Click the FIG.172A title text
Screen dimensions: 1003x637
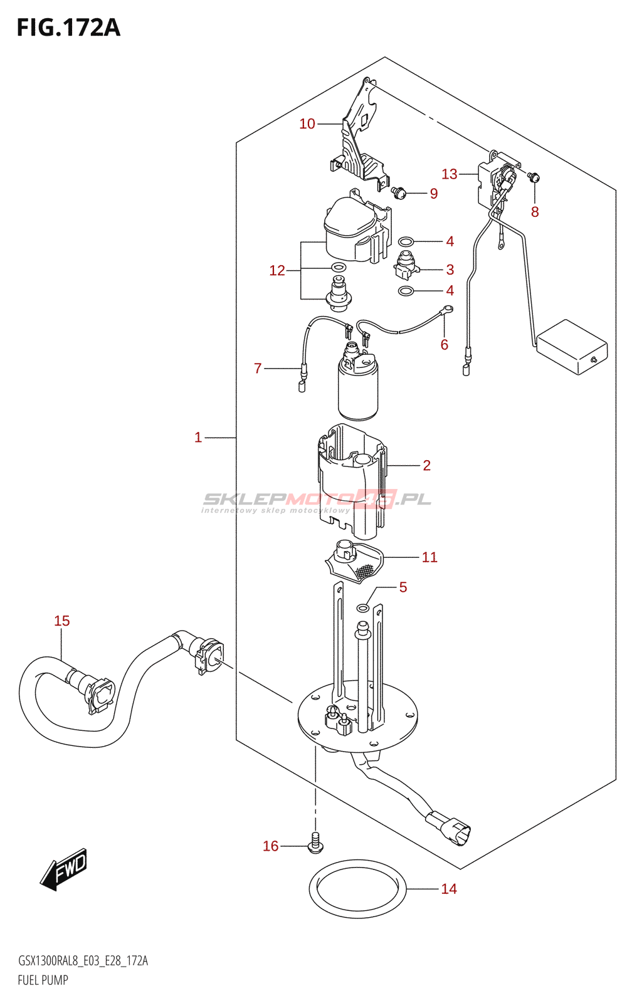(x=68, y=28)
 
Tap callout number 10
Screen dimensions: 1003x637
(x=307, y=124)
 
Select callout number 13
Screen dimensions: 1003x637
(x=450, y=174)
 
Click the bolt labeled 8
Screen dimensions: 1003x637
(x=534, y=177)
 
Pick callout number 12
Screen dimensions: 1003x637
(x=277, y=270)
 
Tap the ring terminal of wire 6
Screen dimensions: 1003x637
(x=448, y=308)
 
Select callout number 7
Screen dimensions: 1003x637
(x=258, y=369)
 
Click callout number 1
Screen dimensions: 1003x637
(x=198, y=438)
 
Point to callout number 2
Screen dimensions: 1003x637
(x=426, y=466)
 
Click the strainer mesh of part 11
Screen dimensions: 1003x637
(x=364, y=570)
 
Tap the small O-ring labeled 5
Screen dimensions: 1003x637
(x=363, y=608)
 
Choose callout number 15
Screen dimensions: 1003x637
(x=61, y=621)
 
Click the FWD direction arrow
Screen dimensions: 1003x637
(x=63, y=869)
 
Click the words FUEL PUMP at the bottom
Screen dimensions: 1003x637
(x=43, y=980)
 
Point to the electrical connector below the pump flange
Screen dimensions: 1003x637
(x=449, y=829)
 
